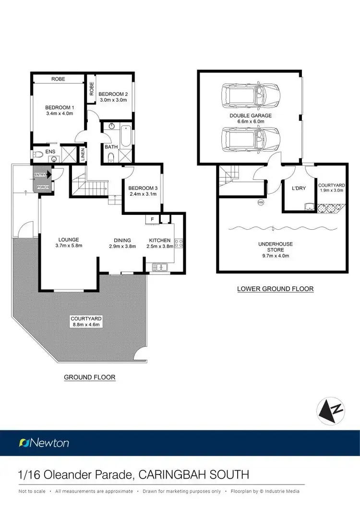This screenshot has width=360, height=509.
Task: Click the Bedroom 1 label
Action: pyautogui.click(x=60, y=107)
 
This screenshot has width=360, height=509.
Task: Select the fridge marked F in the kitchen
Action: pyautogui.click(x=152, y=219)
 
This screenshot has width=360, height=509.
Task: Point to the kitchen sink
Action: pyautogui.click(x=158, y=267)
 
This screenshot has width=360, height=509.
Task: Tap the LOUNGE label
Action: pyautogui.click(x=69, y=240)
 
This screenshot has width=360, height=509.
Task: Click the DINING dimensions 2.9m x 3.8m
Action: pyautogui.click(x=122, y=247)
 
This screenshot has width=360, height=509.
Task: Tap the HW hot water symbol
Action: pyautogui.click(x=261, y=202)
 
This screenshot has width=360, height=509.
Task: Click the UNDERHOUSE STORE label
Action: pyautogui.click(x=275, y=247)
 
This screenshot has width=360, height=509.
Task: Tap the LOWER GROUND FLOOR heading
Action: pyautogui.click(x=276, y=289)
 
